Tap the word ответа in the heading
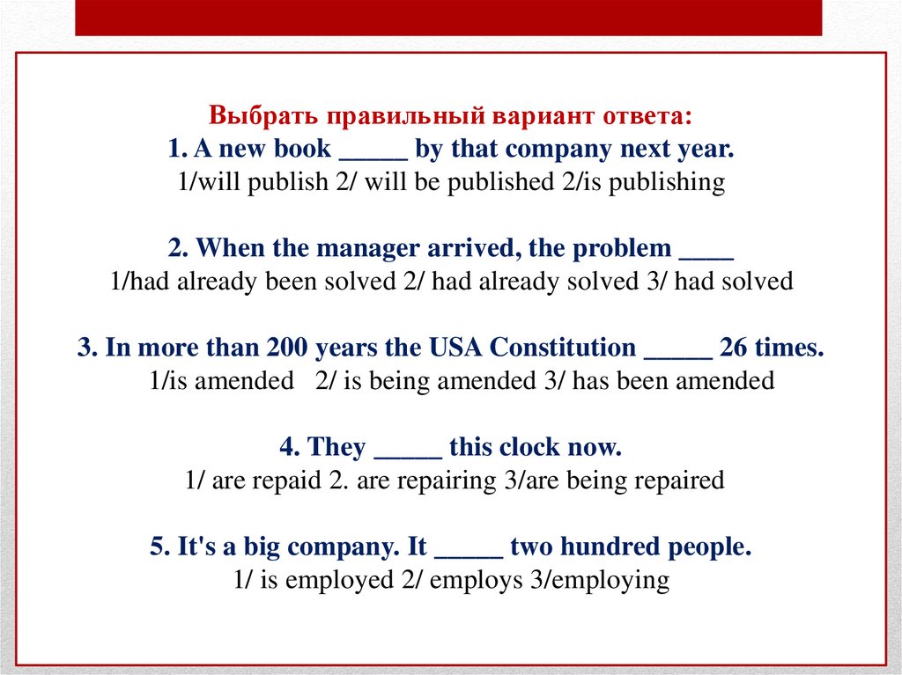coord(647,116)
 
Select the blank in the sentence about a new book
coord(373,150)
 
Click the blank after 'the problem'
coord(706,249)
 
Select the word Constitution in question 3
coord(562,348)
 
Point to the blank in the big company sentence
coord(469,547)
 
